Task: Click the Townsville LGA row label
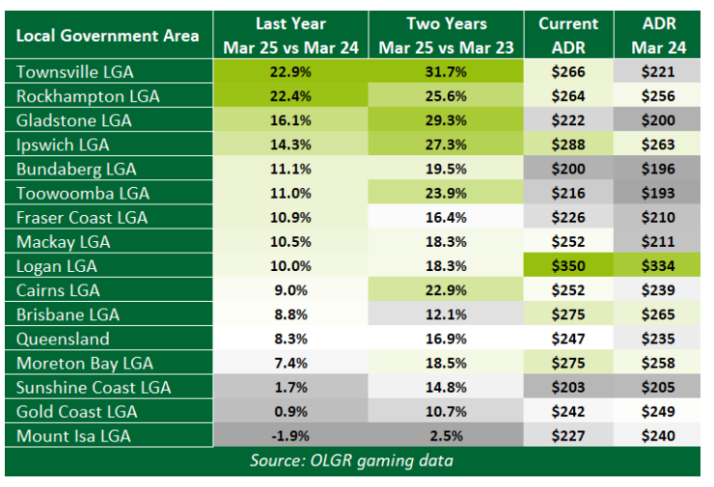click(75, 72)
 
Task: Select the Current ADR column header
click(568, 36)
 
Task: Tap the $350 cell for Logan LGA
click(568, 266)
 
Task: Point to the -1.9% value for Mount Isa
click(290, 436)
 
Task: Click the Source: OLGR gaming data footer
click(351, 461)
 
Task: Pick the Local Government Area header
click(107, 36)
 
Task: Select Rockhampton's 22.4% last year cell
click(290, 96)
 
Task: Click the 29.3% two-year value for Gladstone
click(446, 121)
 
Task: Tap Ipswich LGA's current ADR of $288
click(568, 145)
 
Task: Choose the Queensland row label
click(63, 339)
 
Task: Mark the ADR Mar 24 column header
click(658, 36)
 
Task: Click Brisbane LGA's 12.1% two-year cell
click(446, 314)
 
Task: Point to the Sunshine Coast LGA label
click(94, 388)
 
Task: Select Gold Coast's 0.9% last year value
click(290, 412)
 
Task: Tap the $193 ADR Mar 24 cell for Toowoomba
click(658, 193)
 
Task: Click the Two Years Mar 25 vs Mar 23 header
click(446, 36)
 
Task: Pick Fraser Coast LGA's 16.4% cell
click(446, 218)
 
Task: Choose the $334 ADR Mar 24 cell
click(658, 266)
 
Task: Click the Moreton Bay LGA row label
click(85, 364)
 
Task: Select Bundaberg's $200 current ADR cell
click(568, 169)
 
